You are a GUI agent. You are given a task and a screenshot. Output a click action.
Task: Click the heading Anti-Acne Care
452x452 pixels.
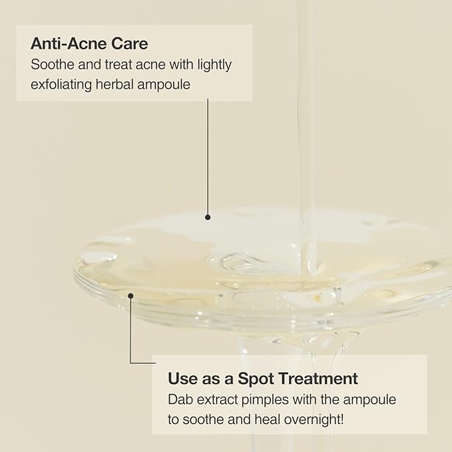(x=89, y=45)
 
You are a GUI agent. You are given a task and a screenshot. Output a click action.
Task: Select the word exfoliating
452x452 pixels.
(x=64, y=85)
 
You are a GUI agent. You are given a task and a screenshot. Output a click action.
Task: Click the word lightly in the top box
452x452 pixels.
(x=211, y=66)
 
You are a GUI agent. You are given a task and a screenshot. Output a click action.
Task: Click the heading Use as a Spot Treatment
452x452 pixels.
(x=263, y=379)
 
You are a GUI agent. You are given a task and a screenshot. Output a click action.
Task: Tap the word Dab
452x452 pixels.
(x=180, y=399)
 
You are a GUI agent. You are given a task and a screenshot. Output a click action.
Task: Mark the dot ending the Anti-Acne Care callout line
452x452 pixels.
(x=208, y=217)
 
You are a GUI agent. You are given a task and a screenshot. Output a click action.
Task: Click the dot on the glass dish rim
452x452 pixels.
(x=130, y=296)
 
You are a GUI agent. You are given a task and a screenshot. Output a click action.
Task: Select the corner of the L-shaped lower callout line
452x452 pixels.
(x=130, y=363)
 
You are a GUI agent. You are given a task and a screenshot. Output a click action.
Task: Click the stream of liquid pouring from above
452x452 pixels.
(x=307, y=133)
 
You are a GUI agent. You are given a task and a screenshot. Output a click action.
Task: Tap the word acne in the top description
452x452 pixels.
(x=144, y=66)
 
